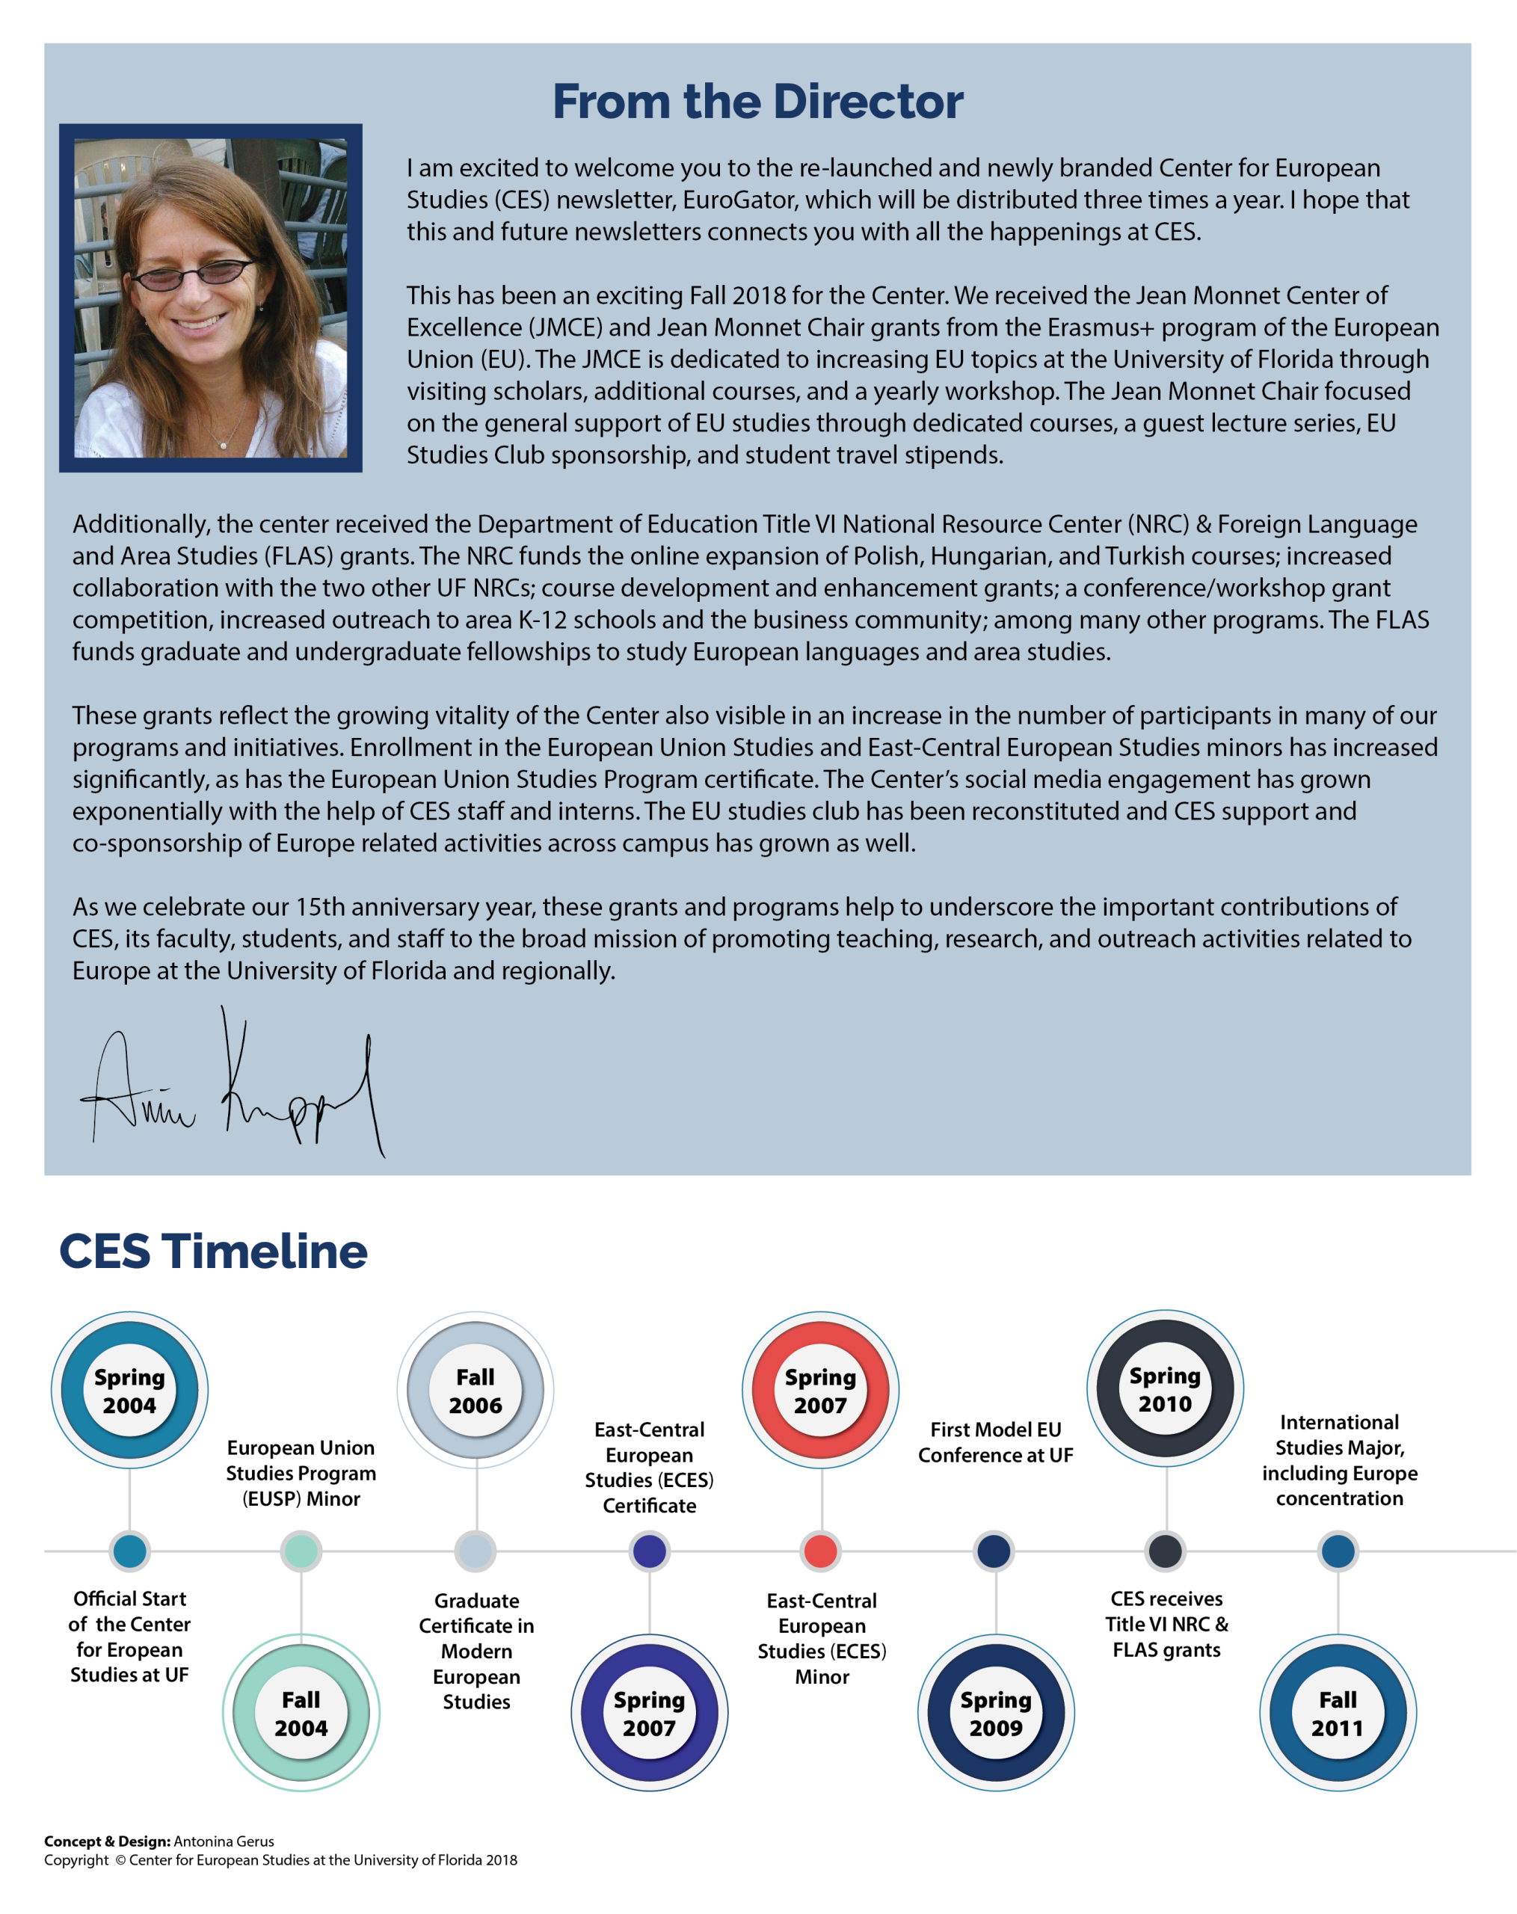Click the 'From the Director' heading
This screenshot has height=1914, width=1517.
pyautogui.click(x=757, y=101)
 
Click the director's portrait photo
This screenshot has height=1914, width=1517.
pyautogui.click(x=210, y=298)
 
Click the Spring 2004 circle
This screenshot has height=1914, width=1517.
pyautogui.click(x=129, y=1390)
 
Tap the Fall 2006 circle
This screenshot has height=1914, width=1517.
pyautogui.click(x=475, y=1390)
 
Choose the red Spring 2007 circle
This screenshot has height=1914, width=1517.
pyautogui.click(x=820, y=1390)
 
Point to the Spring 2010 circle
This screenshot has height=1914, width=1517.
pyautogui.click(x=1165, y=1388)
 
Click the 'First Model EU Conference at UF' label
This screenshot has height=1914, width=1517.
pyautogui.click(x=995, y=1441)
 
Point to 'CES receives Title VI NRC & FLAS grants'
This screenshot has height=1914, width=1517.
pyautogui.click(x=1166, y=1624)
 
